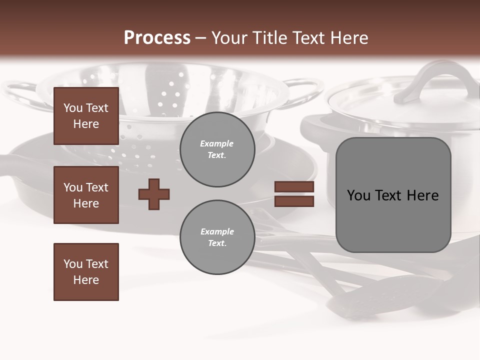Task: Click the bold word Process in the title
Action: (x=157, y=38)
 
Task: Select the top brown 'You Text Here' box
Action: (x=86, y=116)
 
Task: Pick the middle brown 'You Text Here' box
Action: (x=86, y=195)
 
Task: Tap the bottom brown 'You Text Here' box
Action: (x=86, y=271)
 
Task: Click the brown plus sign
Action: (x=154, y=194)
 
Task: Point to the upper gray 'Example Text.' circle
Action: (x=217, y=149)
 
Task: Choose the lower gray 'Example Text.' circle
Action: (x=217, y=237)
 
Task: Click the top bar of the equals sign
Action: (x=294, y=187)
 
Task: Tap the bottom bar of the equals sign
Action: (x=294, y=201)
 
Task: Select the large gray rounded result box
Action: (x=393, y=195)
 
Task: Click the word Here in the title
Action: (x=347, y=38)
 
